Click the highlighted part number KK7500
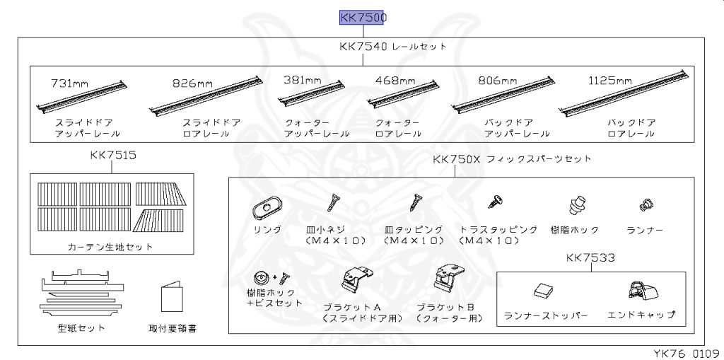point(363,17)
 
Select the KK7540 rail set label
point(392,47)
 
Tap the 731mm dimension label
point(69,83)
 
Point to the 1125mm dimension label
point(609,81)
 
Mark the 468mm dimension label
point(395,81)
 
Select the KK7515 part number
point(113,155)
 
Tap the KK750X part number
point(457,159)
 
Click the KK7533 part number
point(590,258)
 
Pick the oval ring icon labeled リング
point(267,207)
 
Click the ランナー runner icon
point(644,205)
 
